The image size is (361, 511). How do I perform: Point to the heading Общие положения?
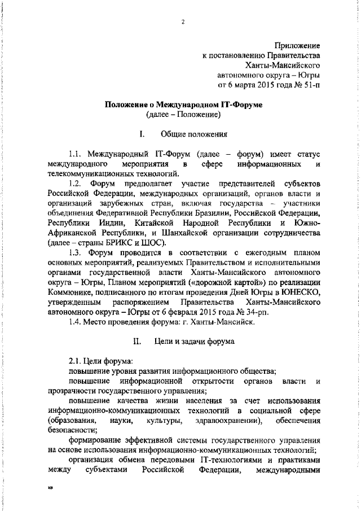coord(194,134)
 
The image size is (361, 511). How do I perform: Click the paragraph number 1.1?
coord(76,154)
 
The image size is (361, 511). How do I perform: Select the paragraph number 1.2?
coord(76,185)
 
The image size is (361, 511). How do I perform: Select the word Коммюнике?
coord(72,292)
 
